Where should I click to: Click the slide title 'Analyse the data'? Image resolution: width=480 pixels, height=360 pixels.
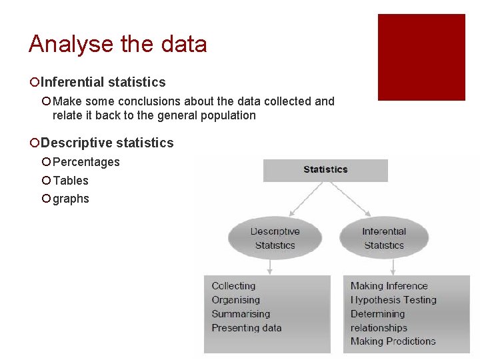click(117, 45)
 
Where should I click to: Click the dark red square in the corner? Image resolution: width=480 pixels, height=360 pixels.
click(421, 57)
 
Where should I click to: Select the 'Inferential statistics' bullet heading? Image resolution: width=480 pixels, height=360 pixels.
click(103, 82)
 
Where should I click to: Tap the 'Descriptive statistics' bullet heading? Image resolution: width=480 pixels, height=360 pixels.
click(107, 143)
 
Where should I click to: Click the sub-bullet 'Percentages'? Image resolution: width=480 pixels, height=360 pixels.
click(86, 162)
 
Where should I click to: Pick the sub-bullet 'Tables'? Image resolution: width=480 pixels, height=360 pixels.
click(71, 181)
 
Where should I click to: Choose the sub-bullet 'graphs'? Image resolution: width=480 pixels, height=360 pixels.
click(71, 199)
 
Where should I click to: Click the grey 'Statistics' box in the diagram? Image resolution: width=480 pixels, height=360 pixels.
click(325, 170)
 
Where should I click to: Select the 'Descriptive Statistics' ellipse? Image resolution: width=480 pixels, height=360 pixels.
click(275, 238)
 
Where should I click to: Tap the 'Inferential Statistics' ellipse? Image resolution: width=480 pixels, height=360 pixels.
click(384, 238)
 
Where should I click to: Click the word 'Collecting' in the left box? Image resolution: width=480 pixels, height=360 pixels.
click(233, 285)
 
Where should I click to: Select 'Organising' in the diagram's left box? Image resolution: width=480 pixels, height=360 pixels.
click(235, 300)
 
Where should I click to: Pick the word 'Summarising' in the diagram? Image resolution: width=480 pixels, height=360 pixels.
click(241, 314)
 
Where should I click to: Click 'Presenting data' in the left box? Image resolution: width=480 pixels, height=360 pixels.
click(247, 328)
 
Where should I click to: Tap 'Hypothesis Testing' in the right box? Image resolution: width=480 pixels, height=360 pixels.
click(393, 300)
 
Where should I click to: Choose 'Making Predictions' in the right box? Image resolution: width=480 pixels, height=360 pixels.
click(393, 341)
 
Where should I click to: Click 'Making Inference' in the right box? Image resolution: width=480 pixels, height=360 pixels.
click(389, 286)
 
